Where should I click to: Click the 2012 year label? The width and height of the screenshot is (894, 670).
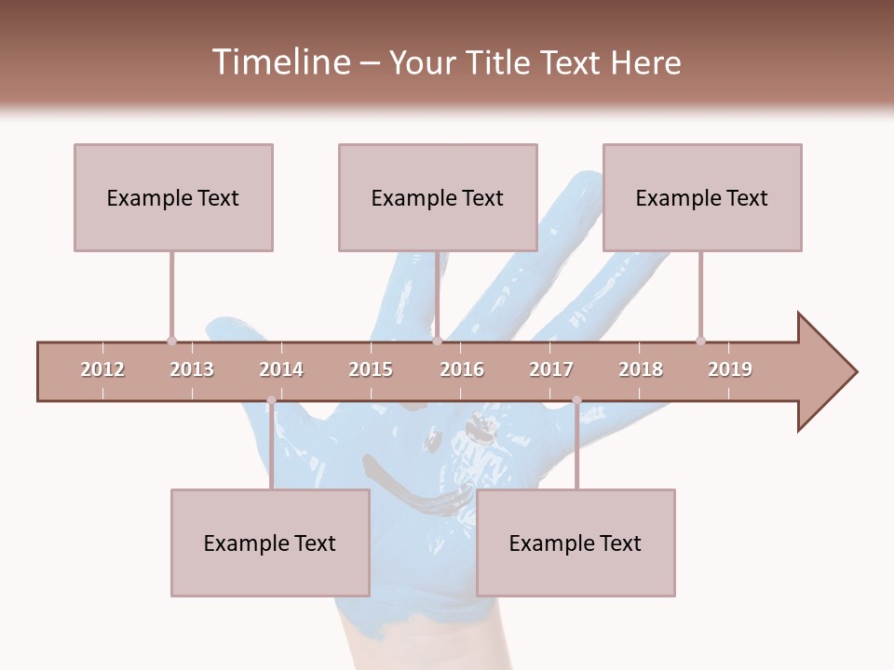(x=102, y=369)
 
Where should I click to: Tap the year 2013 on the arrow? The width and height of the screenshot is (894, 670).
(x=192, y=369)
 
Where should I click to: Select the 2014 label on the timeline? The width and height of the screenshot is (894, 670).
(x=281, y=369)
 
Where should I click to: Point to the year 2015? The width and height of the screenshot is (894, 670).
(x=371, y=369)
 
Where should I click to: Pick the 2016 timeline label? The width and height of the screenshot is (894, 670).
(x=462, y=369)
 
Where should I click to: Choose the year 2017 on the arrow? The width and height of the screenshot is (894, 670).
(x=551, y=369)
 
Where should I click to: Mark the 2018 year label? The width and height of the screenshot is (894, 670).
(x=641, y=369)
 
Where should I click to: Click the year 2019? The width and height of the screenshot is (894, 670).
(x=730, y=369)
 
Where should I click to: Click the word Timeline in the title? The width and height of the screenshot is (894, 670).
(x=279, y=62)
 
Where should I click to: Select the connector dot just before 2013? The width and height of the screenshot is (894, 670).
(x=171, y=341)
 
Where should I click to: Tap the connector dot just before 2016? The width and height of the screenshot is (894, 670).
(x=437, y=341)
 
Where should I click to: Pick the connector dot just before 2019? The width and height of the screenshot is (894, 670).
(x=700, y=341)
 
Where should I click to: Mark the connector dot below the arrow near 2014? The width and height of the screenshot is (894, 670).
(x=271, y=401)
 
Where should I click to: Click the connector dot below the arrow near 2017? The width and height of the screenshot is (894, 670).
(x=576, y=401)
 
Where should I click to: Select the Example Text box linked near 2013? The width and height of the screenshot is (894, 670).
(x=173, y=197)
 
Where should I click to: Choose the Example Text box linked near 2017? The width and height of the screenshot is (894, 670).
(x=576, y=543)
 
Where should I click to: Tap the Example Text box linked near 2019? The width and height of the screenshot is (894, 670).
(x=702, y=197)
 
